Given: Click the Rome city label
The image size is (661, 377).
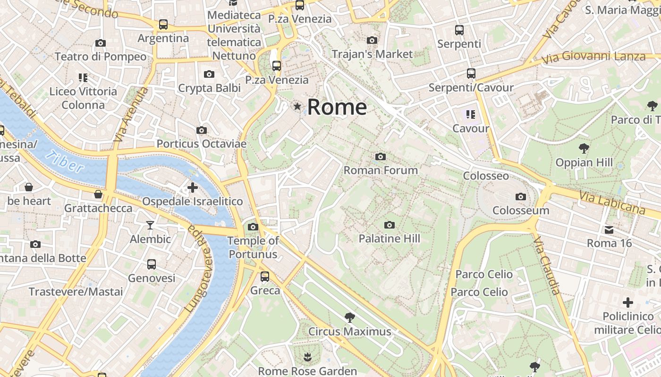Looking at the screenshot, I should point(337,107).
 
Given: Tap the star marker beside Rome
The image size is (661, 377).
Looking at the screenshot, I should point(297,107).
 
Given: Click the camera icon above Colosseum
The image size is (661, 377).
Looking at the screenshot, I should point(521,197).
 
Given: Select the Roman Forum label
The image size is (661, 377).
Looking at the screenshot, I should point(381,170).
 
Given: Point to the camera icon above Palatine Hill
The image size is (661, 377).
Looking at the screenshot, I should point(389,225).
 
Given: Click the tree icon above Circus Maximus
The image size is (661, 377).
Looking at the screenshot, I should point(349,317).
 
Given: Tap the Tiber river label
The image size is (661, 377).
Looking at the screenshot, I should point(65,162).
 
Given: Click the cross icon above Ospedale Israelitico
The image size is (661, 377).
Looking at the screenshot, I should point(193,188).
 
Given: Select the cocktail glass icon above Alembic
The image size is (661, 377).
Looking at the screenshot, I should point(150,225).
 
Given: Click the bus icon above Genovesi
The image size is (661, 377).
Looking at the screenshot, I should point(151,264).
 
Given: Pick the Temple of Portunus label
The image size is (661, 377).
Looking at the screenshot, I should point(253,247).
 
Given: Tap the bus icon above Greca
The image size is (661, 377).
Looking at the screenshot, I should point(265,277).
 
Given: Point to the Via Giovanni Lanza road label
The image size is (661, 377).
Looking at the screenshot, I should point(593,57).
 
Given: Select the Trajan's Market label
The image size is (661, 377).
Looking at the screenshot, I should point(372,54).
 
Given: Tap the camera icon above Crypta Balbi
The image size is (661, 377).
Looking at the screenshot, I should point(209,74).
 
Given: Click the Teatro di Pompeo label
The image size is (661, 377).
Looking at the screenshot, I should point(101,57).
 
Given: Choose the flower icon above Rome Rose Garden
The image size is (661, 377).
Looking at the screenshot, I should point(307,356).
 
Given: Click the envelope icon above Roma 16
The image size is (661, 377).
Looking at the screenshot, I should point(609,230).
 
